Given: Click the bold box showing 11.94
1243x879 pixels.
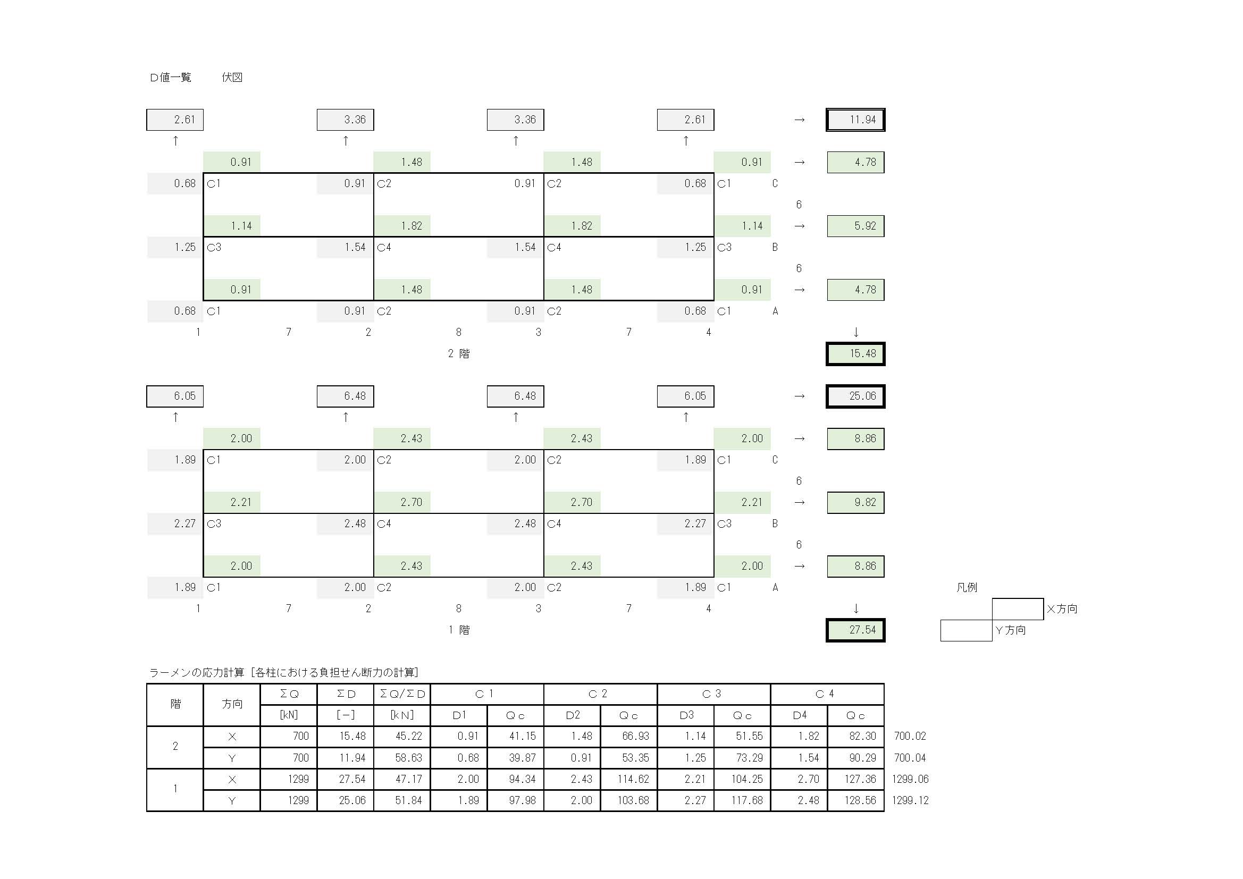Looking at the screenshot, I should [x=855, y=120].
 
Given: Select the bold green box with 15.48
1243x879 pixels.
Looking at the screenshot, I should [x=855, y=354].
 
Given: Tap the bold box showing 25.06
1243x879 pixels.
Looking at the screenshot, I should [x=855, y=396].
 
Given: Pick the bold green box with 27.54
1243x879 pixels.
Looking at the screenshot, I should [x=855, y=630].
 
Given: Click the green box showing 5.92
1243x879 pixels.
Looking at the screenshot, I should [x=855, y=226].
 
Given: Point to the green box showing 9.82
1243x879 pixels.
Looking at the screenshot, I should [x=855, y=502].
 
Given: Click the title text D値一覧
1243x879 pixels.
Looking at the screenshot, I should [x=171, y=78].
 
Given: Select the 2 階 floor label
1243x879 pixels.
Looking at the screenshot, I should [x=458, y=354].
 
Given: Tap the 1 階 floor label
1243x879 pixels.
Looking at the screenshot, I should [x=458, y=630].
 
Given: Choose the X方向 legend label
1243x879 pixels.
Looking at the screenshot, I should [x=1062, y=609].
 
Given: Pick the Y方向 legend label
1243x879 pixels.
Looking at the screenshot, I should [x=1010, y=630].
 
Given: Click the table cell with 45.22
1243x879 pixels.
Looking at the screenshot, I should [x=402, y=737].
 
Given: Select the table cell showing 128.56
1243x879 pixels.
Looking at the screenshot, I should [x=855, y=800].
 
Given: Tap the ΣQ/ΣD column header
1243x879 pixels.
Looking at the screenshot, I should [x=402, y=694].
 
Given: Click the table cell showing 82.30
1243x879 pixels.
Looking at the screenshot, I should [x=855, y=737].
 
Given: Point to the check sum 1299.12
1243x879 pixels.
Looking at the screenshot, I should [x=910, y=800].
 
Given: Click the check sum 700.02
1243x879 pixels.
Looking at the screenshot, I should [x=910, y=737].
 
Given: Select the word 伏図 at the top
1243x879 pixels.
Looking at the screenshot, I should [x=232, y=78].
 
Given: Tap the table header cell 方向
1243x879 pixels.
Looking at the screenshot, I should [x=232, y=704].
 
